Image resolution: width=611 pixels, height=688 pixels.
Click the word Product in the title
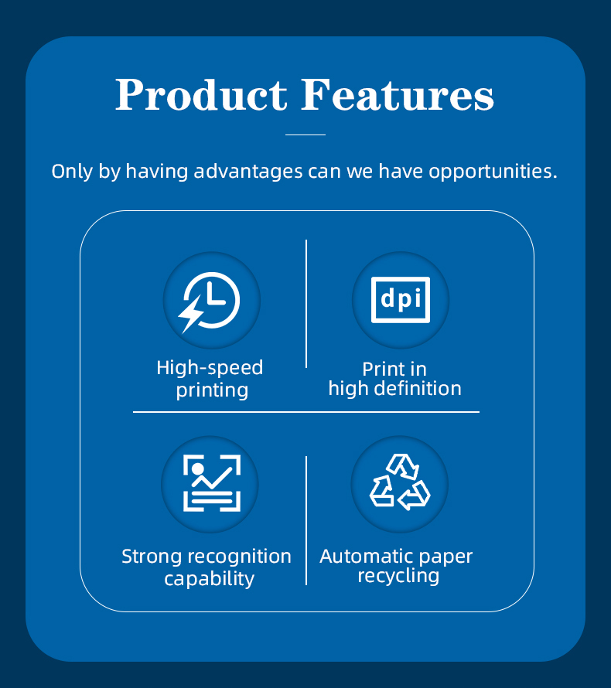tap(201, 95)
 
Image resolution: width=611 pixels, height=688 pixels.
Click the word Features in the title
tap(398, 95)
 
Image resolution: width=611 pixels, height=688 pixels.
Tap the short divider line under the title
tap(305, 135)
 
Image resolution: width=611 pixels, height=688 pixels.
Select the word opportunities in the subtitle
tap(493, 172)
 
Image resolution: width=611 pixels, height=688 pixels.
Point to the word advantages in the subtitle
tap(248, 172)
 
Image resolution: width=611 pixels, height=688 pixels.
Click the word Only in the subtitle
tap(72, 172)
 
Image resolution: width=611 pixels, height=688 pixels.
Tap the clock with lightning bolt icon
tap(210, 302)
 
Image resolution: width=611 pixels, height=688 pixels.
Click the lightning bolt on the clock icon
tap(190, 313)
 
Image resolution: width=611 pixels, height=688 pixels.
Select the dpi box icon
tap(401, 300)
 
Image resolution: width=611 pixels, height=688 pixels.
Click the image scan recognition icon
tap(212, 483)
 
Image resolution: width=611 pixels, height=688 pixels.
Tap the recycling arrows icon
tap(400, 482)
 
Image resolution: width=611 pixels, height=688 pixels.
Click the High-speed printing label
tap(210, 379)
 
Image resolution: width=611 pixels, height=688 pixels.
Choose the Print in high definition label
tap(395, 380)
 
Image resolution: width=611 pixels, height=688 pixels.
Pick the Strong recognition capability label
tap(207, 567)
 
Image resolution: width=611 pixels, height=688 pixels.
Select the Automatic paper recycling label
tap(396, 566)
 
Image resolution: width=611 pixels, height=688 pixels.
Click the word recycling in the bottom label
tap(398, 576)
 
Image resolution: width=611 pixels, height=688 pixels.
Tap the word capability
tap(210, 579)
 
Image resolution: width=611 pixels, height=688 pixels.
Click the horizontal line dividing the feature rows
tap(306, 412)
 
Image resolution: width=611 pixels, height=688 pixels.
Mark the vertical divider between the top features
tap(306, 304)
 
